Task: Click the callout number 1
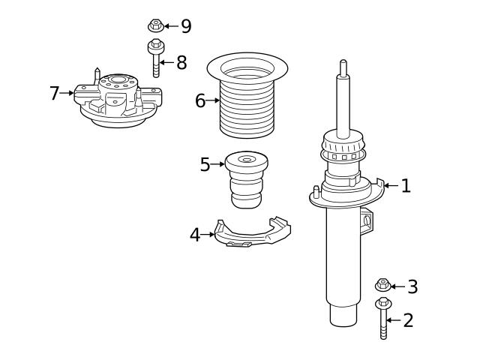point(406,185)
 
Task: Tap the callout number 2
point(408,320)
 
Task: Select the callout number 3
point(412,286)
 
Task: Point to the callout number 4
point(195,235)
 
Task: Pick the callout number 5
point(205,164)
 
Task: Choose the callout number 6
point(200,100)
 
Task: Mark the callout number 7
point(54,93)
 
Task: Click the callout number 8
point(181,62)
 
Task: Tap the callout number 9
point(185,26)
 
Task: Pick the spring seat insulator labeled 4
point(251,235)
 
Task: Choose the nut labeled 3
point(382,285)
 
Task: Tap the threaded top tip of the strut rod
point(343,66)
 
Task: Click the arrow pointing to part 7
point(67,93)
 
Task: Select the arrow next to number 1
point(390,185)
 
